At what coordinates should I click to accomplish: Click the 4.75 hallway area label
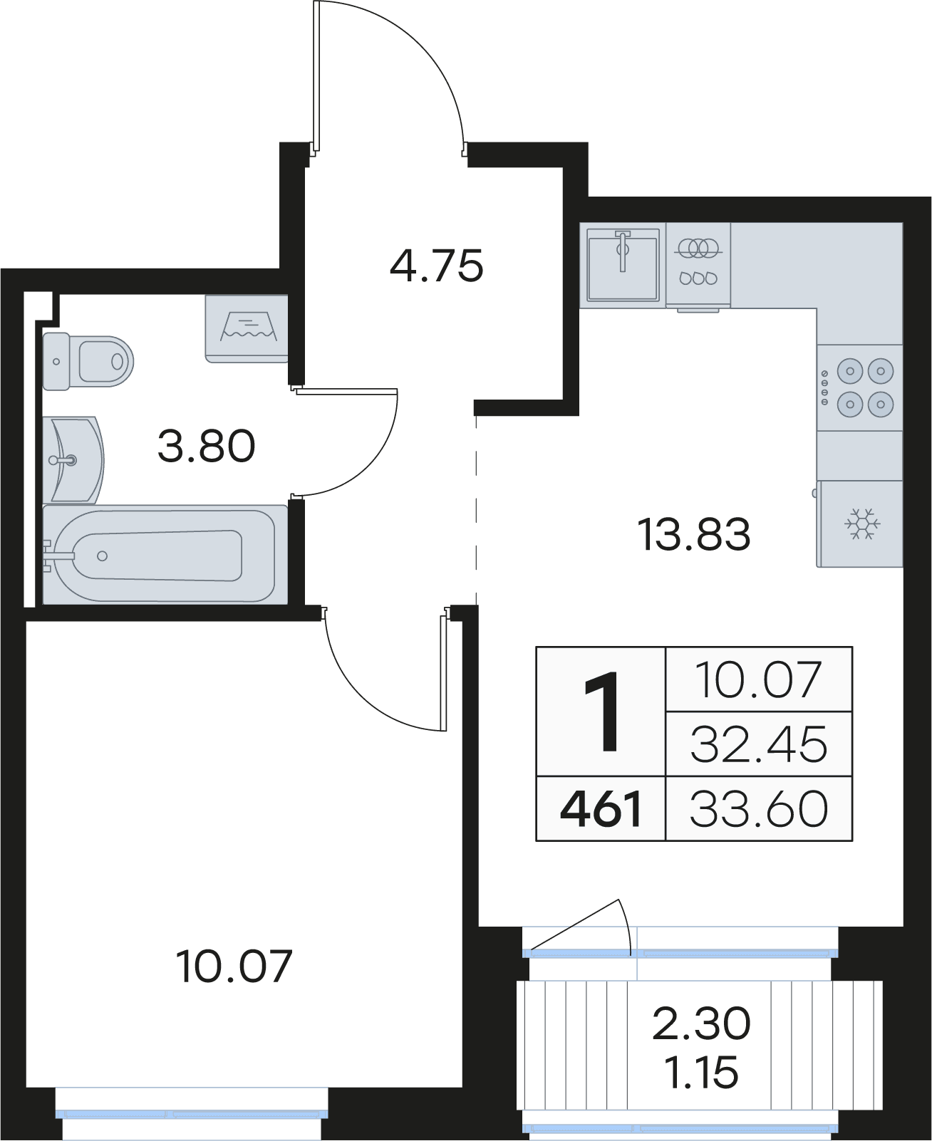(x=436, y=266)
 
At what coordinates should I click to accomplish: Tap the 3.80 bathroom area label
(x=206, y=447)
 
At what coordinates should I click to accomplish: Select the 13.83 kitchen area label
(x=695, y=534)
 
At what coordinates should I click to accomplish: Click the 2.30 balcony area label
(x=701, y=1023)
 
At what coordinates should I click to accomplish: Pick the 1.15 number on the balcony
(x=701, y=1073)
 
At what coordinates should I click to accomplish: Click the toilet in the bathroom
(x=88, y=361)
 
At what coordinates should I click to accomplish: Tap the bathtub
(x=165, y=555)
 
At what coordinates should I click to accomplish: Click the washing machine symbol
(x=247, y=328)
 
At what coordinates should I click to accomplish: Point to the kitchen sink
(x=623, y=264)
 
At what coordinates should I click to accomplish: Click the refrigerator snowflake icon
(x=863, y=523)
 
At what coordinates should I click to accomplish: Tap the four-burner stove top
(x=859, y=387)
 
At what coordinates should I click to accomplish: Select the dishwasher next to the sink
(x=698, y=266)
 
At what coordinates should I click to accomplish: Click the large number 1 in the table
(x=601, y=712)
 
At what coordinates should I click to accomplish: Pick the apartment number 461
(x=601, y=809)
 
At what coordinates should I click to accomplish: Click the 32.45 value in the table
(x=759, y=744)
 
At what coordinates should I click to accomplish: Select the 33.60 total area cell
(x=759, y=809)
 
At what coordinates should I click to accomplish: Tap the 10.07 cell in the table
(x=759, y=679)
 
